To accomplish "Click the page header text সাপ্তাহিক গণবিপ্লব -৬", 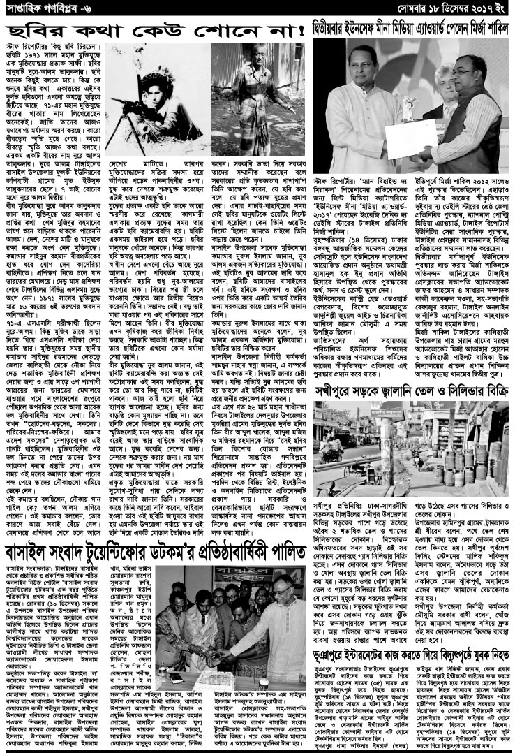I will click(x=43, y=9).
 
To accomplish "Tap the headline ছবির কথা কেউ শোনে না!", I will click(x=156, y=31).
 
